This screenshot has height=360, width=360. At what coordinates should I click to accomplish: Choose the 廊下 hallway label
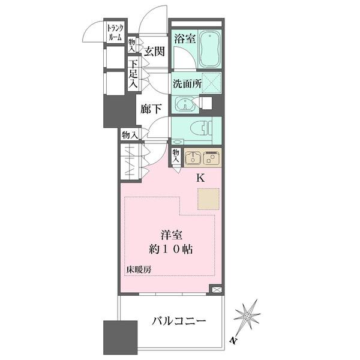pos(151,109)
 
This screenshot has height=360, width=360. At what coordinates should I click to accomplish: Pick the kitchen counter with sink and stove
pos(202,157)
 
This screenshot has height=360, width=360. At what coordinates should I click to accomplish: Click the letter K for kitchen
pos(200,178)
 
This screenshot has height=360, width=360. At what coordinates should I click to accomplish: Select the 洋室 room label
pos(169,235)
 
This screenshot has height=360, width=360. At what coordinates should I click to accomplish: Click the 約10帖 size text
pos(171,250)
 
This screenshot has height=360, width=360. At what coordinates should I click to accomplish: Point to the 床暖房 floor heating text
pos(139,269)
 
